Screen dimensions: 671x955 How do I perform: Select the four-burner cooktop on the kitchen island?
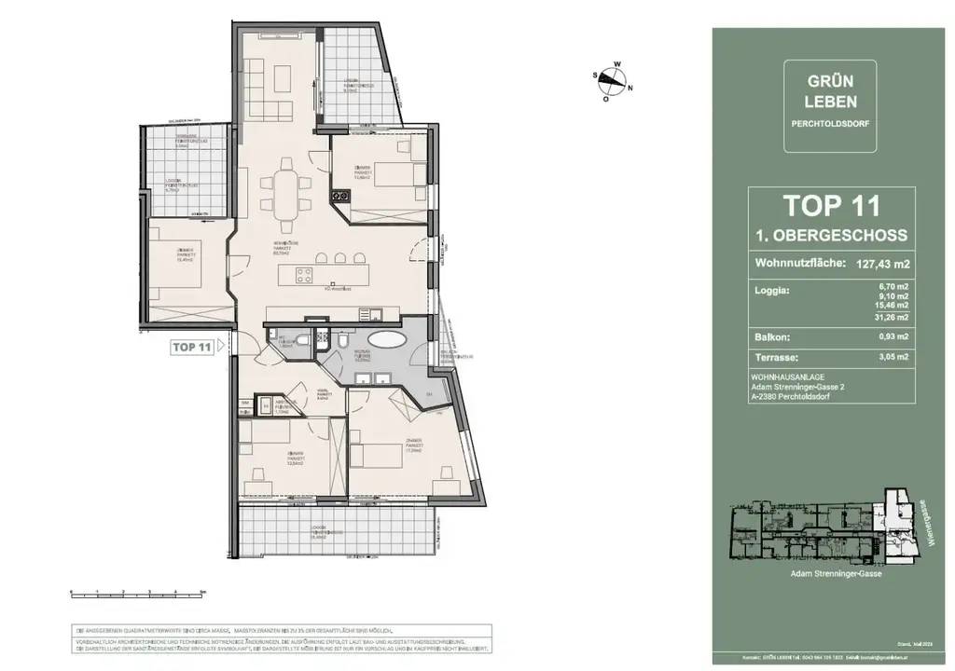click(x=305, y=275)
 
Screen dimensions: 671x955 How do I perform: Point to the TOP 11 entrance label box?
click(x=191, y=347)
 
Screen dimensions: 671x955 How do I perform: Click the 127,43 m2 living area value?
click(x=876, y=264)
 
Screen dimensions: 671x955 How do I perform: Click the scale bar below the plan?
click(x=136, y=593)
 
